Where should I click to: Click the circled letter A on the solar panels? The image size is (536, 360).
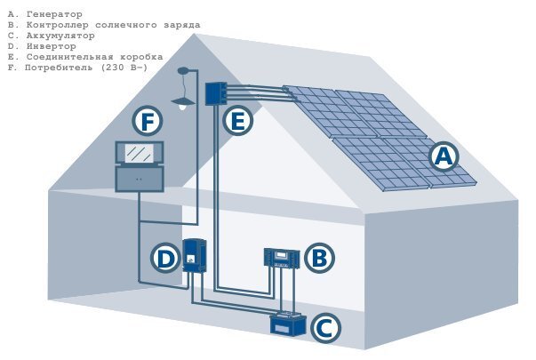click(x=444, y=157)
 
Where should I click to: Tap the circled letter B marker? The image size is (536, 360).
click(x=319, y=258)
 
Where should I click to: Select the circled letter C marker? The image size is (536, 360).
click(x=325, y=328)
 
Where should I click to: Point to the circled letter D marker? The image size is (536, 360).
click(x=165, y=258)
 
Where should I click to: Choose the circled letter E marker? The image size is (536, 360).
click(x=238, y=121)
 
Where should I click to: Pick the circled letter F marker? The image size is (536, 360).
click(x=148, y=121)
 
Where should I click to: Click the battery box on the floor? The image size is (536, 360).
click(x=288, y=324)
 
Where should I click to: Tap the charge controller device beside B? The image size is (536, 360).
click(x=282, y=258)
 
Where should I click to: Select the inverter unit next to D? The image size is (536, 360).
click(x=194, y=255)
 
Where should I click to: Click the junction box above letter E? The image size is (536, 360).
click(x=216, y=93)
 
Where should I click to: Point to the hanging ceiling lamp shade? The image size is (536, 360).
click(x=183, y=101)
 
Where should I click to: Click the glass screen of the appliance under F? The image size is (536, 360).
click(x=140, y=153)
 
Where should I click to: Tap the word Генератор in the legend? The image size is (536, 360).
click(x=54, y=14)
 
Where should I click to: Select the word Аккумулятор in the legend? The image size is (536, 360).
click(x=60, y=36)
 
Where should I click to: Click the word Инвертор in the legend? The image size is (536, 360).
click(x=52, y=46)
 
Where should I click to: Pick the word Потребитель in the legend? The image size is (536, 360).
click(x=59, y=68)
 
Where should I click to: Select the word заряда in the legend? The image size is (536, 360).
click(x=182, y=25)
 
